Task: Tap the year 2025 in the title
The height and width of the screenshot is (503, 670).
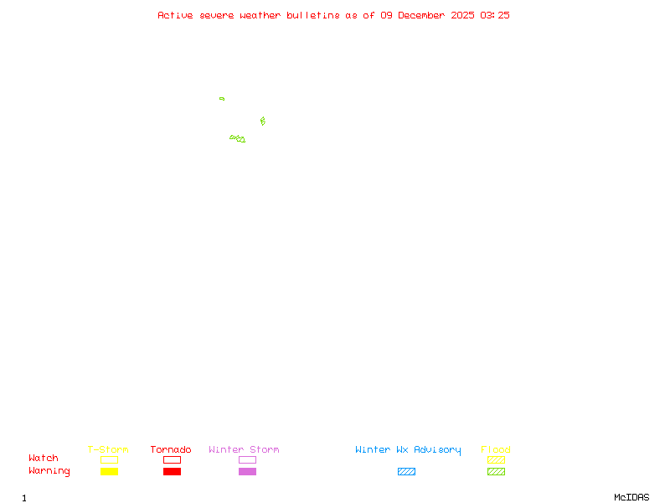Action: [462, 15]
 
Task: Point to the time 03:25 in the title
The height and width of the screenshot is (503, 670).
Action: [495, 15]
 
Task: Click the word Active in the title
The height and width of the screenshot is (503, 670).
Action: [176, 15]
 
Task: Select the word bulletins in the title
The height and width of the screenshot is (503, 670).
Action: [313, 15]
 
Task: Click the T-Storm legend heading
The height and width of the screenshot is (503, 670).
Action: [108, 450]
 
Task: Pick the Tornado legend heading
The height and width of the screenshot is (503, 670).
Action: [171, 450]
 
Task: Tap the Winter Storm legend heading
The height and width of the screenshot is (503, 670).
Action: [244, 450]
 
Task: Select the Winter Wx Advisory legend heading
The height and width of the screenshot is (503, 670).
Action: [408, 450]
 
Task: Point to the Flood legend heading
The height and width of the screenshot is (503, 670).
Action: [496, 450]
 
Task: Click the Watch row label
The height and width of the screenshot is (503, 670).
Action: [44, 459]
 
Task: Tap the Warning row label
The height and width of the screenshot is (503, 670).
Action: [49, 471]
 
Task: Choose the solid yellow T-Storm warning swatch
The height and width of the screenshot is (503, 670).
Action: [109, 472]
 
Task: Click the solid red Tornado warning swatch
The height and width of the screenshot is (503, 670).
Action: [172, 472]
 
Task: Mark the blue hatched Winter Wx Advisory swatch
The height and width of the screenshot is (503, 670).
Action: [406, 472]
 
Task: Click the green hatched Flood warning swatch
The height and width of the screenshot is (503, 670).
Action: [496, 472]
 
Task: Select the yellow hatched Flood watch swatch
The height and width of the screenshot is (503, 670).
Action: [496, 460]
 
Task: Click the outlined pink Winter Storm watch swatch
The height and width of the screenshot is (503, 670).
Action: [247, 460]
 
